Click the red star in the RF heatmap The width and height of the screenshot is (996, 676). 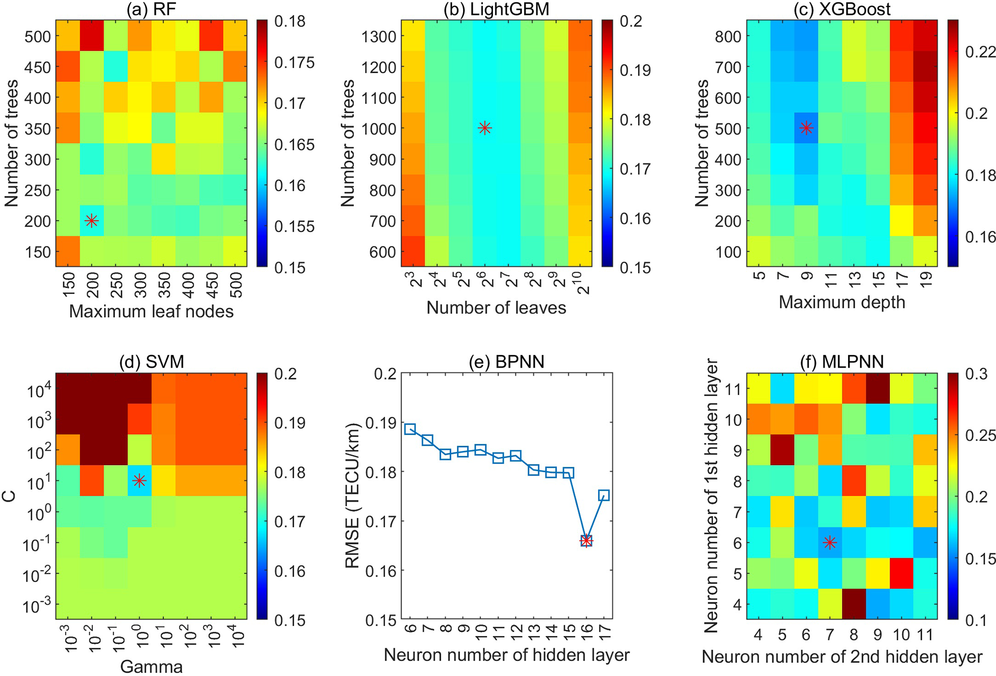92,221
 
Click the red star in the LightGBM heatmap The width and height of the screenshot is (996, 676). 485,128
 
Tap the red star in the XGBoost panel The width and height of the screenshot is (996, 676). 807,128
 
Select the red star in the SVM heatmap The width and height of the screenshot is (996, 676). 139,480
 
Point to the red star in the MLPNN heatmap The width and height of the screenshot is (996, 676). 829,543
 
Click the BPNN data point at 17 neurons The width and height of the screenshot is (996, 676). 604,495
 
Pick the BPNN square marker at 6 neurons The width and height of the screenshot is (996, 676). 410,429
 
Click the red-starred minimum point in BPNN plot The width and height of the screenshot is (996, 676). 586,541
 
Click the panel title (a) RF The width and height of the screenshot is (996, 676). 150,10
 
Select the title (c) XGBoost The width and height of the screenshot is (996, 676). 842,10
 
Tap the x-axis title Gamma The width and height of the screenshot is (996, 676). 151,667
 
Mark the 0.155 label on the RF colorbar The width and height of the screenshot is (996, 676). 294,227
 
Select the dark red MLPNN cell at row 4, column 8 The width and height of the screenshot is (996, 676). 853,604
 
